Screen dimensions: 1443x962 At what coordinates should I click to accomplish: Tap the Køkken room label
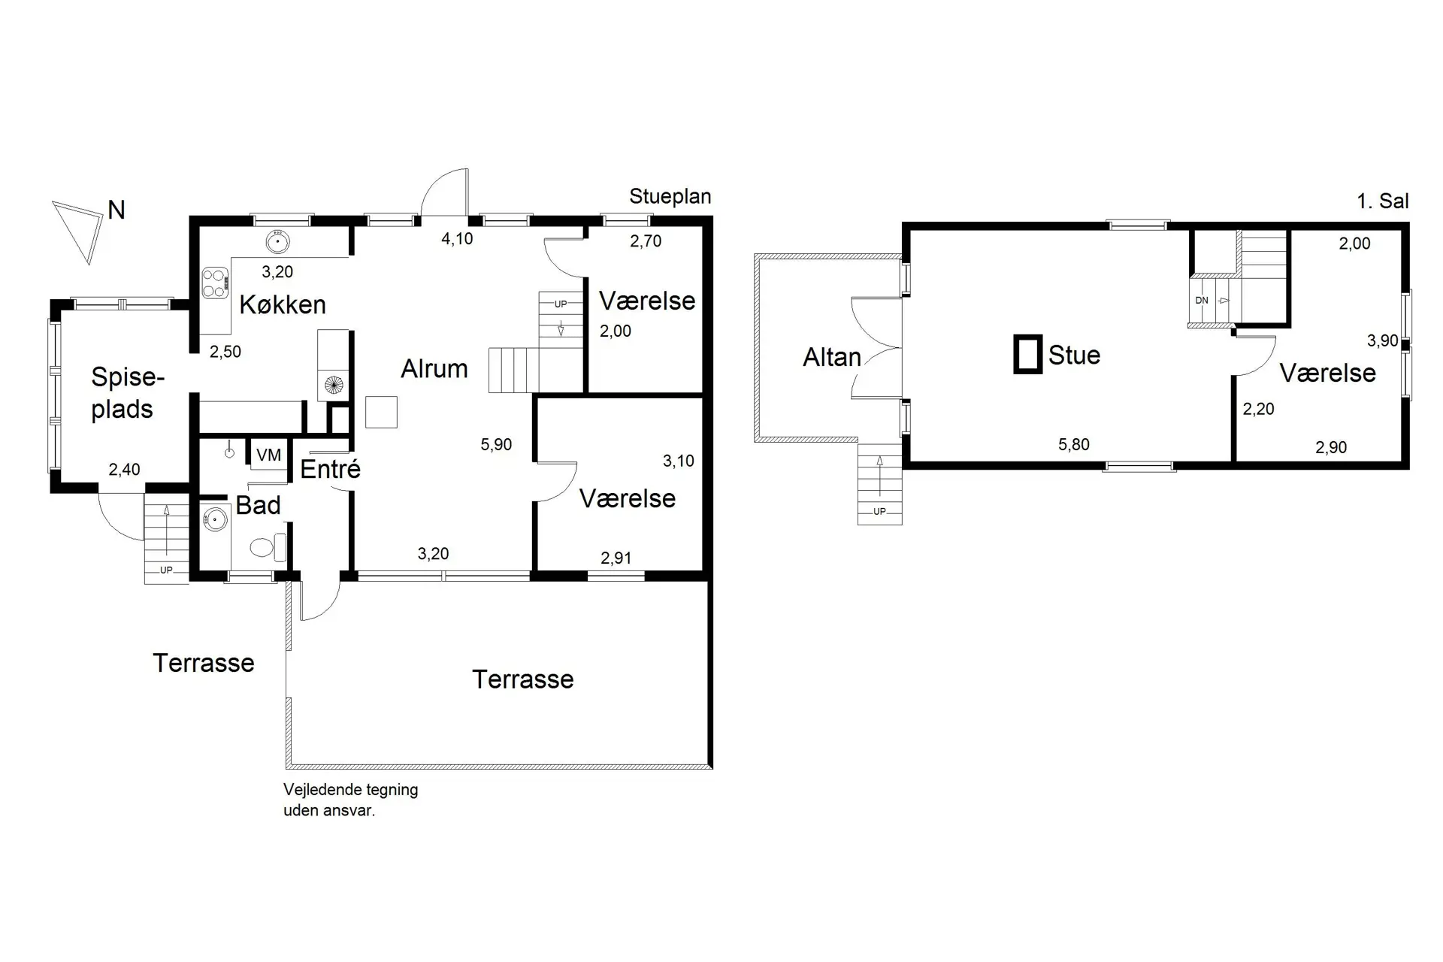(x=283, y=304)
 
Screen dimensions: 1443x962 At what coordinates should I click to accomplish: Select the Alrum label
(x=434, y=368)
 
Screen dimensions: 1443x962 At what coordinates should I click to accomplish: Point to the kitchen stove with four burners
(x=215, y=283)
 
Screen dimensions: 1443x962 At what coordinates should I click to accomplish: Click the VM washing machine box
(x=268, y=455)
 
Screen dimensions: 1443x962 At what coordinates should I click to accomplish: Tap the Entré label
(x=331, y=469)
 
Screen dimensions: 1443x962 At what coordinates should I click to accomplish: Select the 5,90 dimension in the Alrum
(x=496, y=444)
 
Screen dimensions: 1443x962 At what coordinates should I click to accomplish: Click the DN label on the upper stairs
(x=1202, y=300)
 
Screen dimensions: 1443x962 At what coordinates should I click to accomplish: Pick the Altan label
(x=832, y=357)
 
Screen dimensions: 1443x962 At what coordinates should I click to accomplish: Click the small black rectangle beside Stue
(x=1028, y=354)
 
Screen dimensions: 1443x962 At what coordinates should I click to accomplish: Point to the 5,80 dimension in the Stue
(x=1074, y=444)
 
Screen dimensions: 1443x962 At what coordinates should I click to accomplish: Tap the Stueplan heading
(x=670, y=197)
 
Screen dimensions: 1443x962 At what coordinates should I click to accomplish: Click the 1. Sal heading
(x=1383, y=201)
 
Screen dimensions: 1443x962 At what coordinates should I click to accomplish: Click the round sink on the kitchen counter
(x=278, y=241)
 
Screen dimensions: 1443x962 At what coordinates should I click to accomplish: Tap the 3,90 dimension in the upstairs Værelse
(x=1383, y=340)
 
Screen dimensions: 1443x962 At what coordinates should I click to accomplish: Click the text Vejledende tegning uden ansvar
(x=350, y=800)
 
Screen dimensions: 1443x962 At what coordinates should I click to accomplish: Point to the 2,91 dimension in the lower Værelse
(x=616, y=558)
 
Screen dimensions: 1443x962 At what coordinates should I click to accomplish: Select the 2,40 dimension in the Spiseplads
(x=124, y=470)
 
